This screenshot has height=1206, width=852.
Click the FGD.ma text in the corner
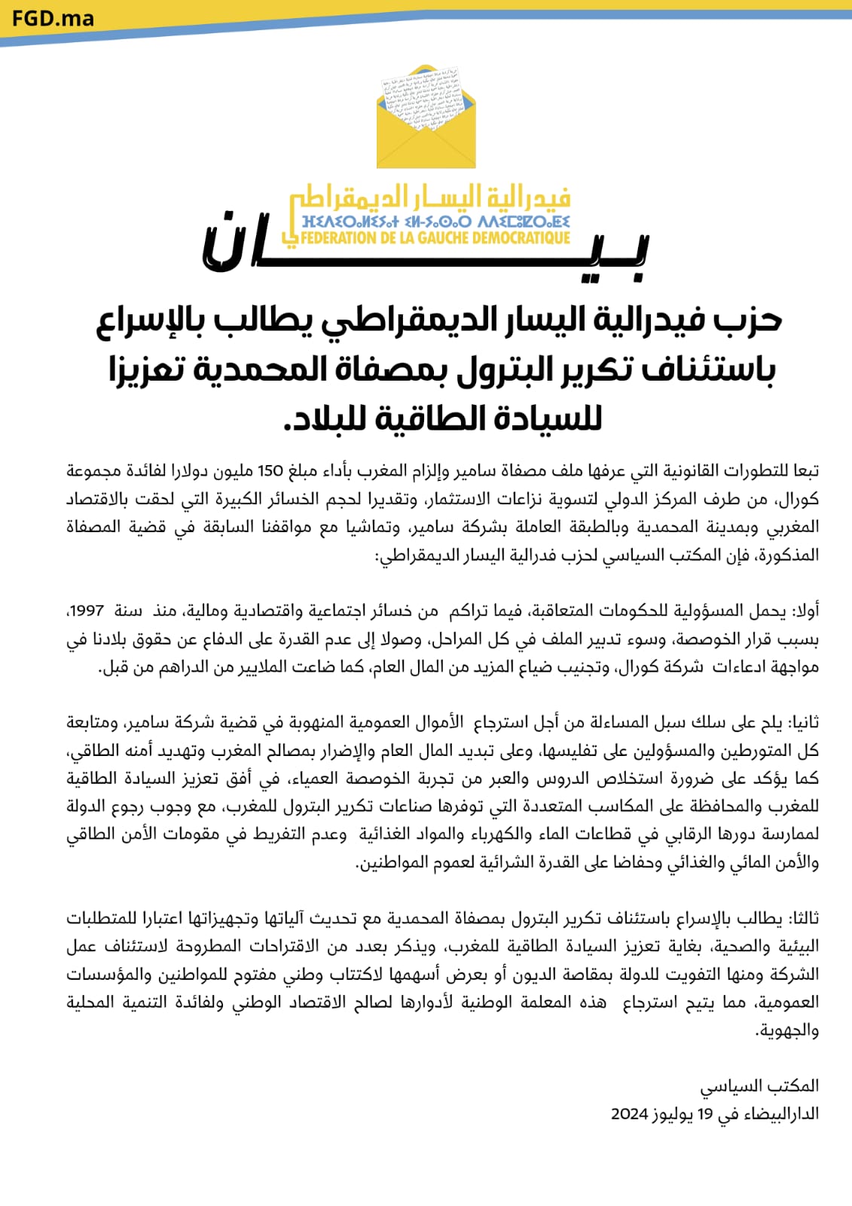[53, 18]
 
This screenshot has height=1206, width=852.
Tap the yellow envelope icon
[426, 121]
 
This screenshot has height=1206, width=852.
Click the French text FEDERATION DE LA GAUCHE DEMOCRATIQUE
[435, 238]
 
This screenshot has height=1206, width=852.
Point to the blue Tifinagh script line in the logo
[435, 222]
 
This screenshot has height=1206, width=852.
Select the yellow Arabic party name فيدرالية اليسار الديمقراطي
[431, 198]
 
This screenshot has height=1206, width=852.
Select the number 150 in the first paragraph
[270, 471]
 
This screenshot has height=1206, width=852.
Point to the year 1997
[85, 611]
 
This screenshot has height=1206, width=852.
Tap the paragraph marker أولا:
[803, 611]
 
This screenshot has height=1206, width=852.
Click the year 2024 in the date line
[630, 1114]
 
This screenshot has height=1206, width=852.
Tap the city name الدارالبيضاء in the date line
[781, 1114]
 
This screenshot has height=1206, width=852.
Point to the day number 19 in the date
[705, 1114]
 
